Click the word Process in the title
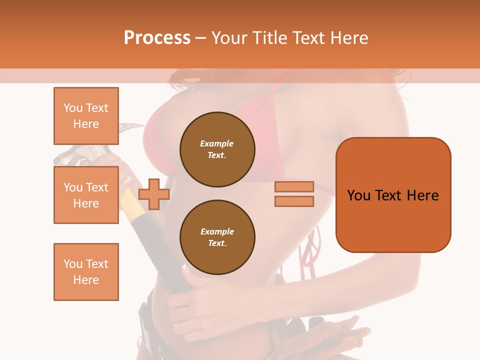pos(157,38)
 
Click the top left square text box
pos(86,116)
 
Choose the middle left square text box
pos(86,195)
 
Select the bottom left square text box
pos(86,271)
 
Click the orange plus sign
pos(153,194)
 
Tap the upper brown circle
pos(217,149)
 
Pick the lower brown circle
pos(217,237)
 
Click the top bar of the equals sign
pos(294,186)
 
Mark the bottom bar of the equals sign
pos(294,201)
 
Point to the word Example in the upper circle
pos(217,144)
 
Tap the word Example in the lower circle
pos(217,232)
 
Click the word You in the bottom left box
pos(72,264)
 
